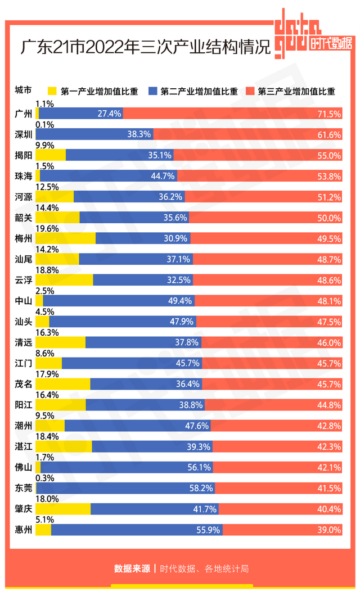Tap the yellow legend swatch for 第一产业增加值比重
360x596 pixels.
[53, 91]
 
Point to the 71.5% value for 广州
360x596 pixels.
[330, 114]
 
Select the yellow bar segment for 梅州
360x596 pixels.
[65, 238]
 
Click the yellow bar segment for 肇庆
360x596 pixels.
[62, 509]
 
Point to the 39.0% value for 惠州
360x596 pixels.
[330, 530]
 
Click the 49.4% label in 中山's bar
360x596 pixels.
[179, 300]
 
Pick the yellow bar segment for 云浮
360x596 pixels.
[64, 279]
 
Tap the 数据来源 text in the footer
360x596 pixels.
[132, 568]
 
